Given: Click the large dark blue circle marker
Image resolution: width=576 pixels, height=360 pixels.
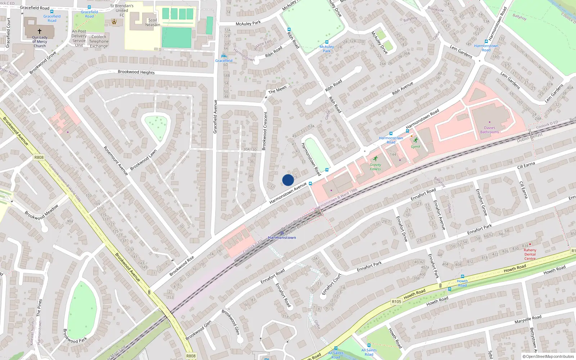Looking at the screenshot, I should click(x=288, y=180).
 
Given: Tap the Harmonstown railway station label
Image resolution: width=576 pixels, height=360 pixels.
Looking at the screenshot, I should click(x=282, y=238).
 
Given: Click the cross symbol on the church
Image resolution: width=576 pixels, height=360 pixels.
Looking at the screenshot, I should click(x=40, y=31).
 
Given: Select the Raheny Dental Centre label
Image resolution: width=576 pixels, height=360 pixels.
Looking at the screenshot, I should click(x=530, y=254).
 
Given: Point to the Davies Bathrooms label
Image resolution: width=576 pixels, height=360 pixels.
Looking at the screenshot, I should click(x=490, y=130).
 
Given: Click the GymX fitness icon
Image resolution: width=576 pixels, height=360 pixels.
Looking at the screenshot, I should click(x=416, y=140).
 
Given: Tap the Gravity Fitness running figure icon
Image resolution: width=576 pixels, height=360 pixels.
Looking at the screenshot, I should click(x=375, y=159).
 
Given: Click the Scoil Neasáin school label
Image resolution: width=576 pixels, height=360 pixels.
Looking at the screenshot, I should click(x=153, y=22).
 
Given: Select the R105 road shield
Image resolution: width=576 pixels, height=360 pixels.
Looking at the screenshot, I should click(x=396, y=302).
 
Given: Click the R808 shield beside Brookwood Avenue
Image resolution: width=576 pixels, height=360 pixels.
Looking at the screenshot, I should click(x=39, y=157).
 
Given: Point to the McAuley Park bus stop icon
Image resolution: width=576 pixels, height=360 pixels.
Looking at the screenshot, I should click(x=327, y=42).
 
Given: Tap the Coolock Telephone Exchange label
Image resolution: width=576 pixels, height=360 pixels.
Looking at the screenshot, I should click(x=99, y=41).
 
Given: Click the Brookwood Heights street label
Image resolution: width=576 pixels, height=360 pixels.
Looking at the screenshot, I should click(x=136, y=72).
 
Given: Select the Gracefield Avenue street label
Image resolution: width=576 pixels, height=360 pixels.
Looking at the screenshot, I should click(x=215, y=117).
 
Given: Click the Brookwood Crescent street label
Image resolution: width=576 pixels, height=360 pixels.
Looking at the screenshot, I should click(x=265, y=131).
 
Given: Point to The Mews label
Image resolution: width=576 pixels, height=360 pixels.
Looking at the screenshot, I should click(x=278, y=89).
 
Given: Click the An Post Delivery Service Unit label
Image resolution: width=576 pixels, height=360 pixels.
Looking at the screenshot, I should click(x=79, y=38).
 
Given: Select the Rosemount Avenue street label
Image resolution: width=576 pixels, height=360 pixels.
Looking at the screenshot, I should click(x=116, y=161).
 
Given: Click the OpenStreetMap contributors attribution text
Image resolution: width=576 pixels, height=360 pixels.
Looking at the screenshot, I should click(x=548, y=356).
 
